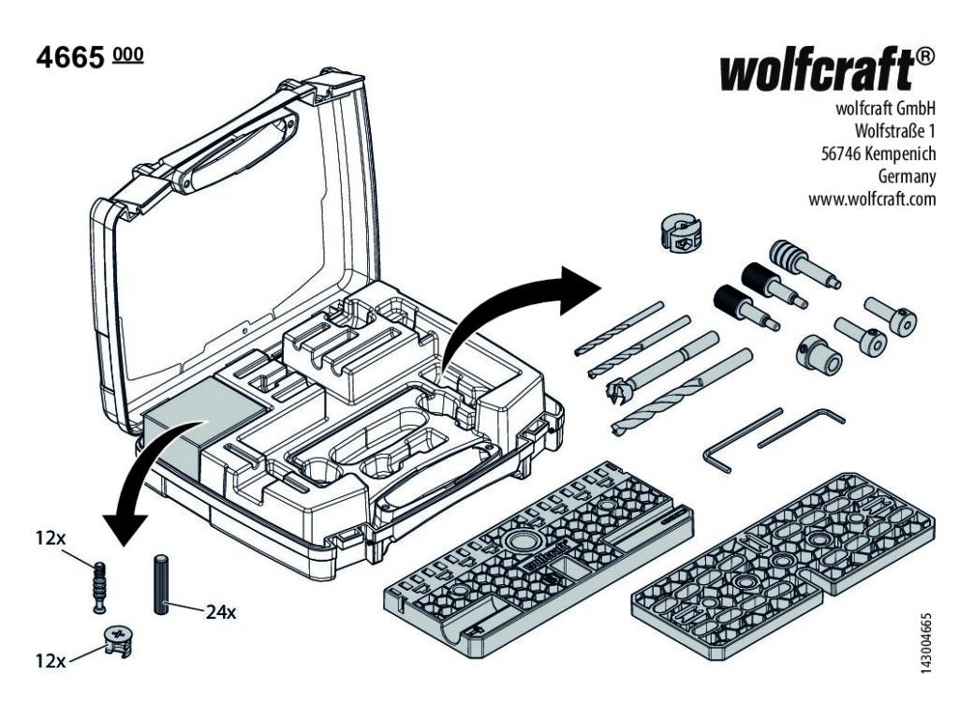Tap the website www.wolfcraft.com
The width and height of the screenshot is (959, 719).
pyautogui.click(x=872, y=198)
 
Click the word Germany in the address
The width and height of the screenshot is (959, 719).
pyautogui.click(x=907, y=176)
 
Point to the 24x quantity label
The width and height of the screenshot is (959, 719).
pyautogui.click(x=221, y=613)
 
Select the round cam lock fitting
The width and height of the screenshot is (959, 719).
pyautogui.click(x=117, y=639)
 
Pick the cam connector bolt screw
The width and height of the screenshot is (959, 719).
pyautogui.click(x=98, y=586)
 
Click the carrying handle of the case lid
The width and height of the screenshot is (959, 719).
pyautogui.click(x=225, y=149)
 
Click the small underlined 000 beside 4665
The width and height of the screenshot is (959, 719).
pyautogui.click(x=127, y=55)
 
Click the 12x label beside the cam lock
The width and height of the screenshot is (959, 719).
pyautogui.click(x=51, y=661)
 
